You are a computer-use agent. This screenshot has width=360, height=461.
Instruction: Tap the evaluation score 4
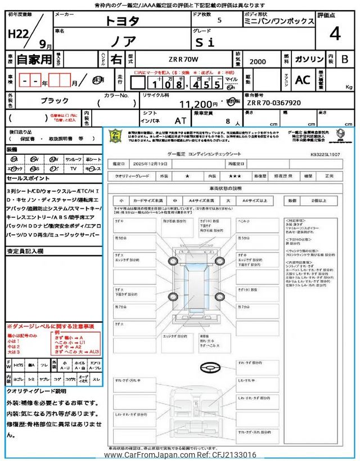pos(335,34)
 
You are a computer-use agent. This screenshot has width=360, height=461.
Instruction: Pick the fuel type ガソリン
pos(309,59)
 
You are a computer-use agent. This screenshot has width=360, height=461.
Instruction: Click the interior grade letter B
pos(345,59)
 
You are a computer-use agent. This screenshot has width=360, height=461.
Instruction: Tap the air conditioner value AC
pos(303,80)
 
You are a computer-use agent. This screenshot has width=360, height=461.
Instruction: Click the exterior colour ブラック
pos(55,100)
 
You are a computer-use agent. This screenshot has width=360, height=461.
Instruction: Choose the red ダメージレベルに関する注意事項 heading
pos(51,326)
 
